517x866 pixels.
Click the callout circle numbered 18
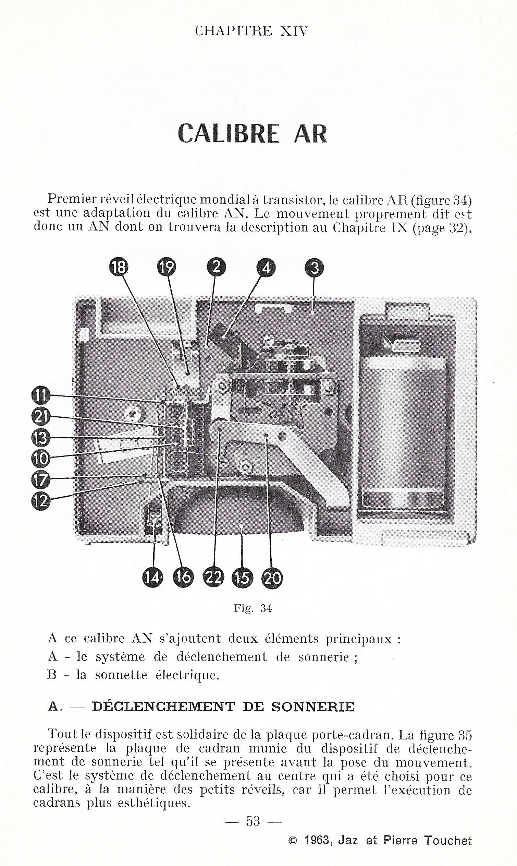point(119,268)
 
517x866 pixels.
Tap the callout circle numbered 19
point(167,268)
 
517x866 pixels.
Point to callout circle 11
point(41,395)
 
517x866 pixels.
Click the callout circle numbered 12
point(41,501)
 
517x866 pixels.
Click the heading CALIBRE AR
point(253,134)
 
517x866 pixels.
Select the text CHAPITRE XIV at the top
point(251,31)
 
